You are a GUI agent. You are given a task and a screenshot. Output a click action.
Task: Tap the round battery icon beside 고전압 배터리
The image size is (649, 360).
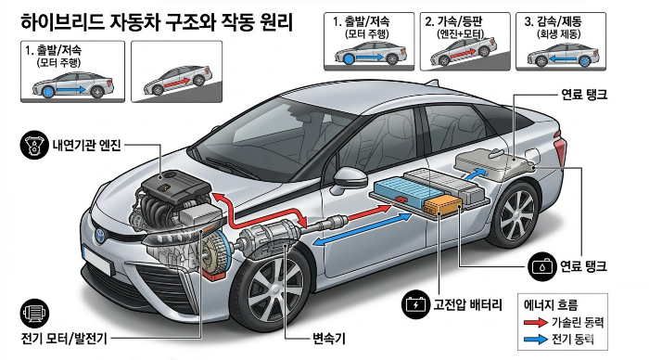[414, 303]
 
